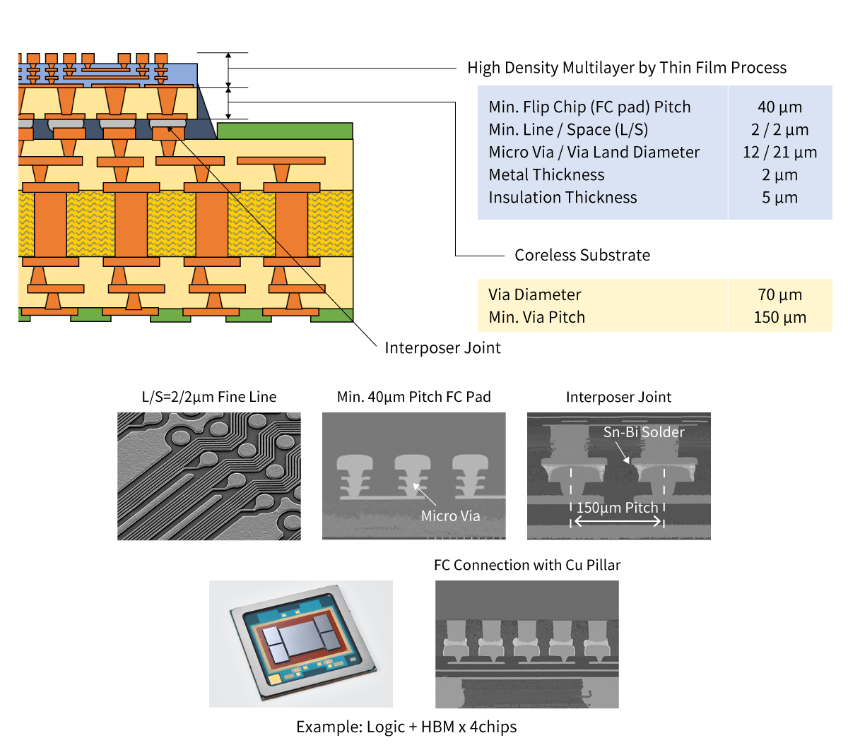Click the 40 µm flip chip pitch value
(779, 107)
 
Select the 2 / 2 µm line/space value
(779, 130)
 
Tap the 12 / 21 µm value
(779, 153)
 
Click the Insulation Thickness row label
(563, 198)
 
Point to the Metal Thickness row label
(546, 175)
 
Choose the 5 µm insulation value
(779, 198)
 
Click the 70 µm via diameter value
(779, 295)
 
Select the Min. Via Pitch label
(536, 318)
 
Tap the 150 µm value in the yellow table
(779, 318)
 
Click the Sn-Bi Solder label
(644, 431)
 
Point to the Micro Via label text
(450, 516)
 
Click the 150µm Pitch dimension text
(617, 508)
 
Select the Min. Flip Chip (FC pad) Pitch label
(589, 107)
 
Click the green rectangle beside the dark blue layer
(284, 131)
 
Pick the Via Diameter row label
(534, 295)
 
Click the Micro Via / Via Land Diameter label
(594, 153)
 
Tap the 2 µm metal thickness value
(779, 175)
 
